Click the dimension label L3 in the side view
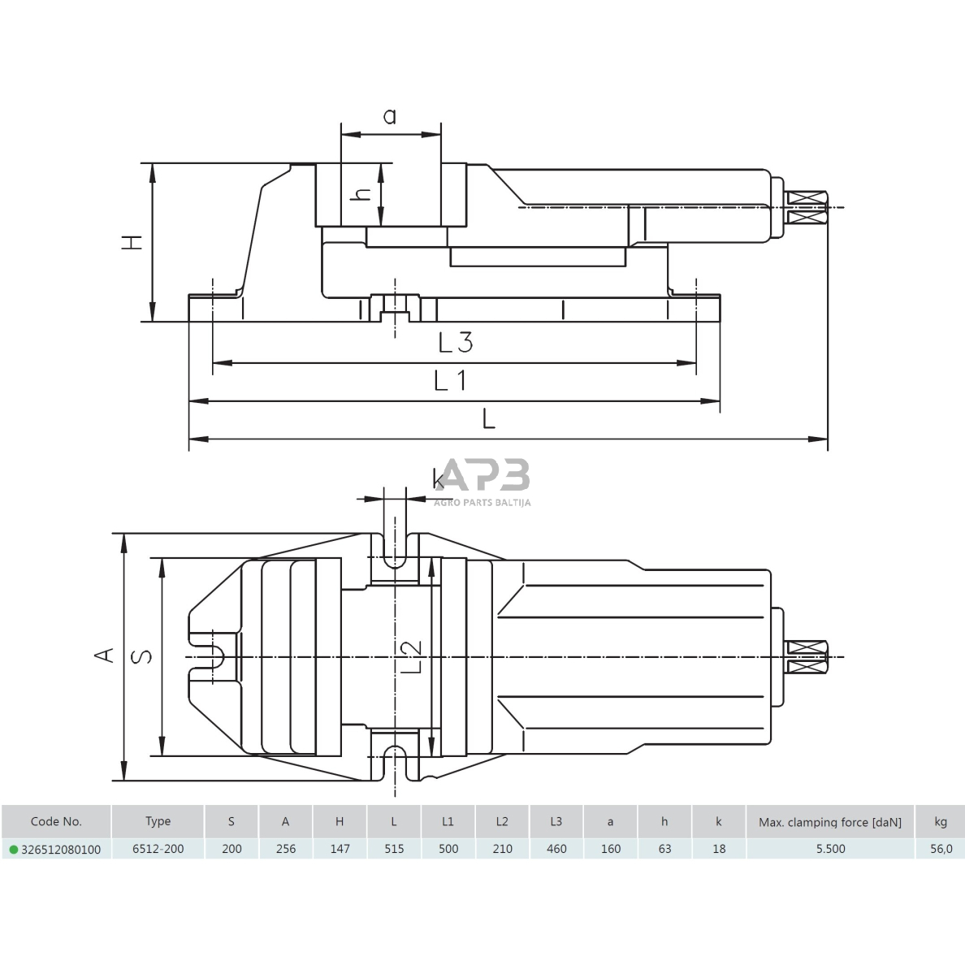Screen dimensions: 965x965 click(x=455, y=343)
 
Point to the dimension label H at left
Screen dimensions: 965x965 click(x=132, y=241)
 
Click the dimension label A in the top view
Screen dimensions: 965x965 click(x=103, y=655)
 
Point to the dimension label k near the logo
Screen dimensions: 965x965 click(x=439, y=479)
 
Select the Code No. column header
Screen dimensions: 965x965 click(x=56, y=821)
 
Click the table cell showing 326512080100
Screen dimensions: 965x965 click(x=61, y=849)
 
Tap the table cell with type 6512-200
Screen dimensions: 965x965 click(x=158, y=849)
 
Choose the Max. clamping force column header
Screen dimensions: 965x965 click(x=829, y=821)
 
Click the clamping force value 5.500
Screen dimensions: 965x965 click(x=829, y=849)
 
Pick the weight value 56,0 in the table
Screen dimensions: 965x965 click(x=941, y=849)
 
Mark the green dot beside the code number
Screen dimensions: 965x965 click(x=13, y=850)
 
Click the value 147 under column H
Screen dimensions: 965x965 click(x=340, y=849)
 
